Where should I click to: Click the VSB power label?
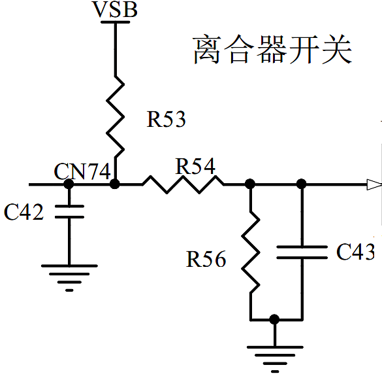(x=115, y=11)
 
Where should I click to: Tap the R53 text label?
(x=166, y=119)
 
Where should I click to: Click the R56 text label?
(x=206, y=260)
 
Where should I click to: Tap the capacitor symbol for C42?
(x=69, y=211)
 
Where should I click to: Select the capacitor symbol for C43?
(x=301, y=252)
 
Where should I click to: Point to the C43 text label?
(x=355, y=252)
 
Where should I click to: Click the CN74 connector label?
(x=82, y=172)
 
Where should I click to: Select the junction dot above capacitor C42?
(x=69, y=184)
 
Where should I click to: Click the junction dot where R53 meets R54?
(x=115, y=184)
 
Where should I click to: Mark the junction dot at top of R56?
(x=250, y=184)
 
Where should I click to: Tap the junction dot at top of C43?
(x=301, y=184)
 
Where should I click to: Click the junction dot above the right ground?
(x=275, y=319)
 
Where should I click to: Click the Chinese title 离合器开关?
(x=272, y=51)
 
